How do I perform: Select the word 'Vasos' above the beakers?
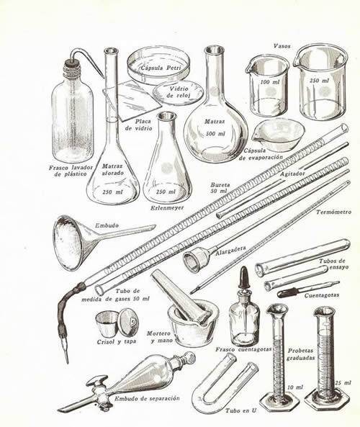point(282,45)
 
